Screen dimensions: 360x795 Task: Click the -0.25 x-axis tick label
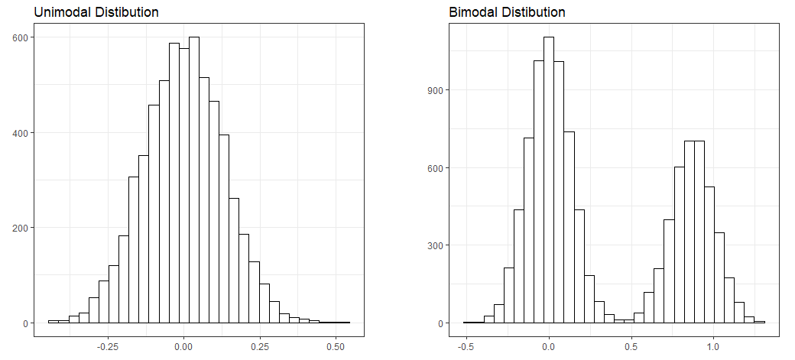click(108, 345)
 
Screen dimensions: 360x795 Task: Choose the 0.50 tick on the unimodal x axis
click(335, 345)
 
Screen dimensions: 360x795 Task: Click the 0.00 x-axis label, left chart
click(183, 345)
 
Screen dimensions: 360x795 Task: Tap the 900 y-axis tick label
click(433, 90)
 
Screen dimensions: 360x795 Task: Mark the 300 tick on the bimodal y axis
click(433, 246)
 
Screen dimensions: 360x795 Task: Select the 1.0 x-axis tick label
click(713, 345)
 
